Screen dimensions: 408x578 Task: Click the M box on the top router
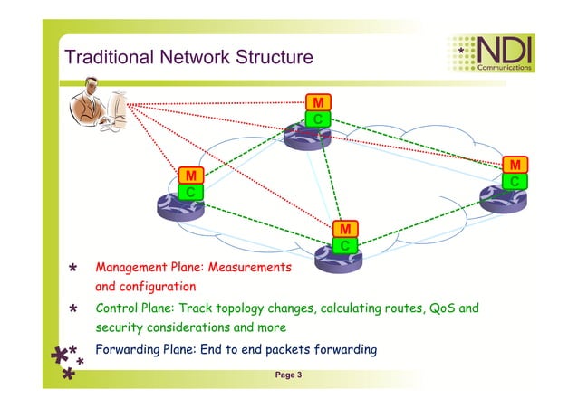click(x=318, y=101)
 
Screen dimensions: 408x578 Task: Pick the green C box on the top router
click(x=318, y=119)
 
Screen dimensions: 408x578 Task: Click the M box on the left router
click(x=190, y=175)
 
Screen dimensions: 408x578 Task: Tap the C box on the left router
click(x=190, y=192)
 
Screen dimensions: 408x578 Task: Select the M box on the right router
click(x=515, y=165)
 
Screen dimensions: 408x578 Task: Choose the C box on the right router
click(x=515, y=182)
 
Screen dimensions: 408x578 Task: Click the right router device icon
click(x=503, y=200)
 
